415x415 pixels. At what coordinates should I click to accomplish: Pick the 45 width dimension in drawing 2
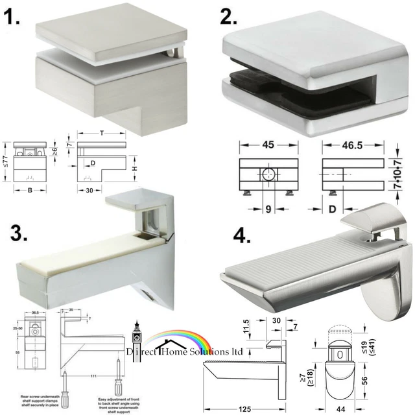(x=267, y=145)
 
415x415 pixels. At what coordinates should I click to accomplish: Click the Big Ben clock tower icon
(x=137, y=335)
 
